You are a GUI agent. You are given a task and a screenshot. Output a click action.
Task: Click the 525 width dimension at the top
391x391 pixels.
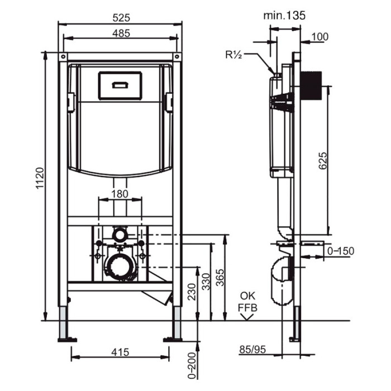pos(121,18)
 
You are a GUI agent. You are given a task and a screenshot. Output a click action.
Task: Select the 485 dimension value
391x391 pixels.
pos(121,33)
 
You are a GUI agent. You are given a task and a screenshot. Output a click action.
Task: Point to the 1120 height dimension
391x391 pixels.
pos(40,179)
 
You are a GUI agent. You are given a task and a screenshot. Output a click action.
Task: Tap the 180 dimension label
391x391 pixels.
pos(120,194)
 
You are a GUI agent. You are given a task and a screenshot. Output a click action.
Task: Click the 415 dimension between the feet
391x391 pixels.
pos(120,352)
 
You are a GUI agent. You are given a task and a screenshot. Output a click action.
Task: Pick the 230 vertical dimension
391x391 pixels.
pos(192,292)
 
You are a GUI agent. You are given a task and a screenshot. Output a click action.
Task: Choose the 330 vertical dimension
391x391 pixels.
pos(206,282)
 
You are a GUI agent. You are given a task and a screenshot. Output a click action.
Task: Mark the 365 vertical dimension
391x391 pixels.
pos(220,278)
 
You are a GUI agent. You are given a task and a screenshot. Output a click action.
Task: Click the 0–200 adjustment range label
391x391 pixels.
pos(192,365)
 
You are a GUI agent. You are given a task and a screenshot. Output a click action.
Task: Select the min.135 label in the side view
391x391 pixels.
pos(284,16)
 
